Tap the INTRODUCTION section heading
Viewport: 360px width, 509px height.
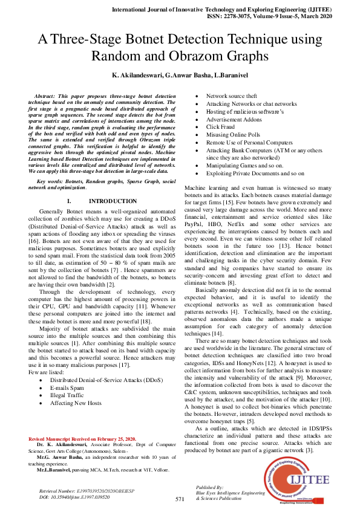pos(113,200)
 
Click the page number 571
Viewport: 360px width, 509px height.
pos(180,499)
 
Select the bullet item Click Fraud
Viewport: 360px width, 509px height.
pos(221,127)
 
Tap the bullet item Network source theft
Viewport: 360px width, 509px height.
pos(232,96)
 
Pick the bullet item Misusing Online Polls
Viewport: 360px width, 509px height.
pos(234,135)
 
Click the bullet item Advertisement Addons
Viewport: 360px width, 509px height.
pos(234,119)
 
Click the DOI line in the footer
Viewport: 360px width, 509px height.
pos(74,496)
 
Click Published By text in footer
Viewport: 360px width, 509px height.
pos(210,487)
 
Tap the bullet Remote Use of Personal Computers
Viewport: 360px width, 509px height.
pos(246,143)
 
